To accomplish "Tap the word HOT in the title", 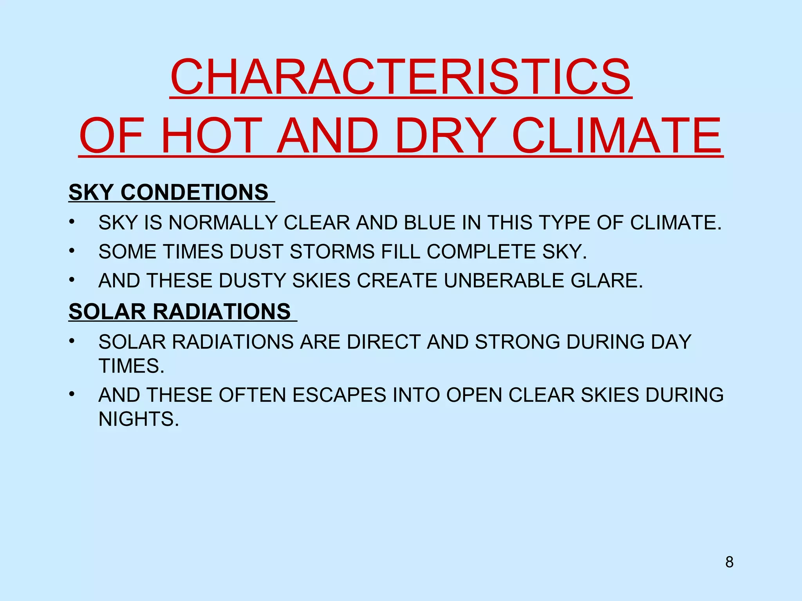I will (x=211, y=136).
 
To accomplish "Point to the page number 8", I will (x=729, y=562).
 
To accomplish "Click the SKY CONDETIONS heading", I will (x=169, y=192).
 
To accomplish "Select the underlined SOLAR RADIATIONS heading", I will (x=180, y=311).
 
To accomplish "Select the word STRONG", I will (x=517, y=342).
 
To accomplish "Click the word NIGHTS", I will (x=139, y=419).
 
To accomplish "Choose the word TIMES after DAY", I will (x=131, y=366).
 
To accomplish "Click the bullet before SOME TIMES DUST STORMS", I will (x=71, y=251).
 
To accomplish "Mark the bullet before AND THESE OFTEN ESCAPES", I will (x=71, y=394).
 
